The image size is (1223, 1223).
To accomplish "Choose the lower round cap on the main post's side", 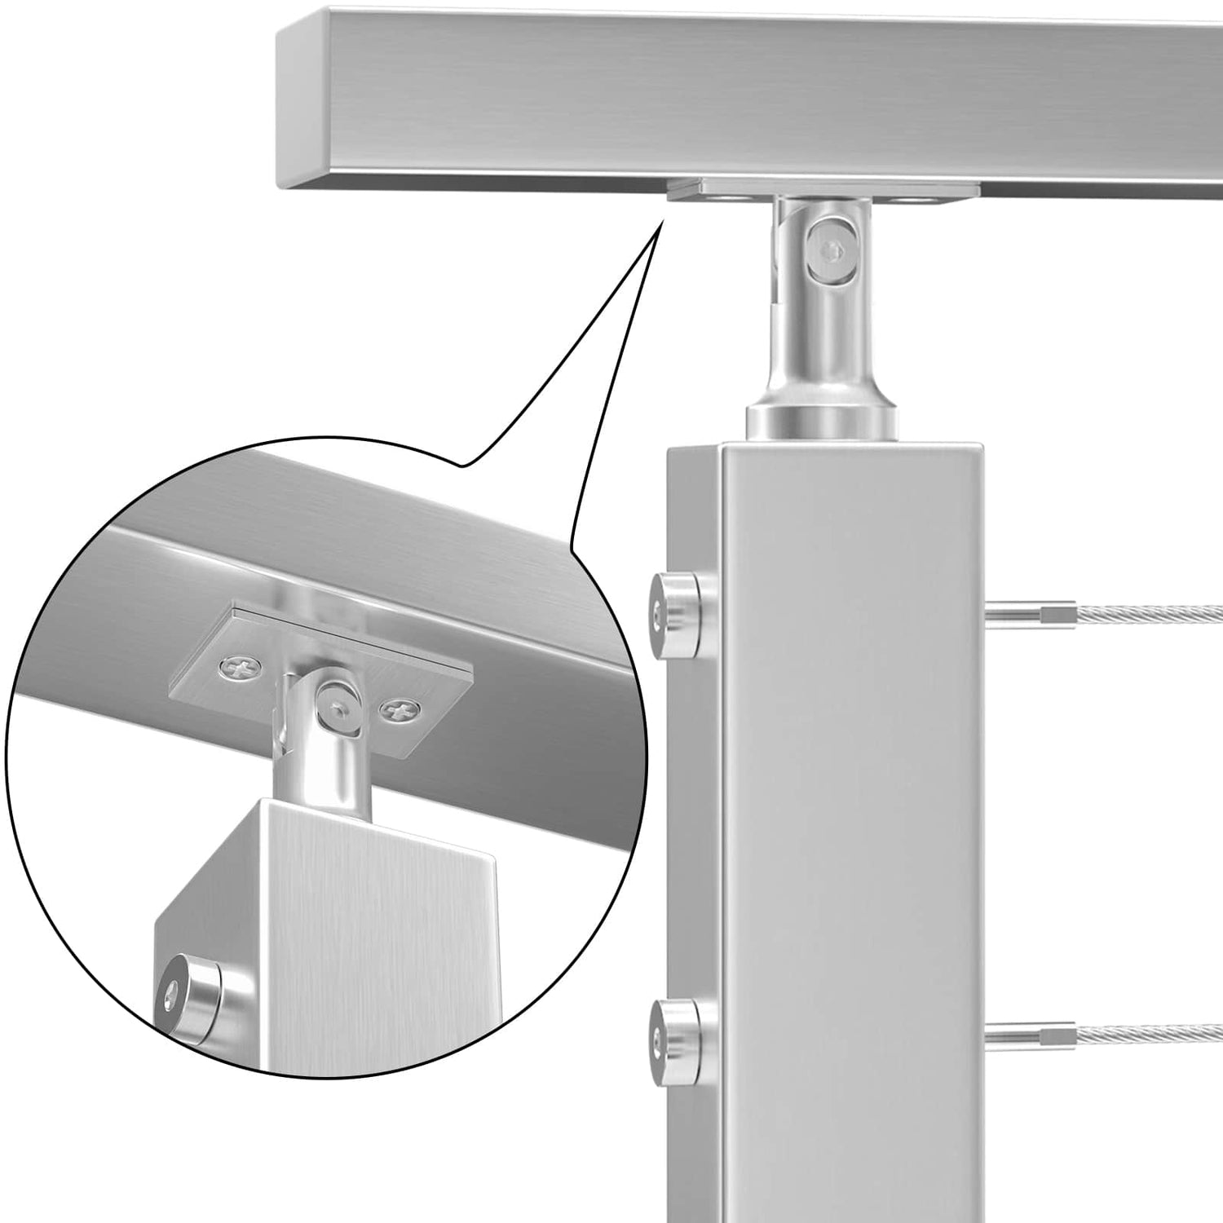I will [x=676, y=1031].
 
